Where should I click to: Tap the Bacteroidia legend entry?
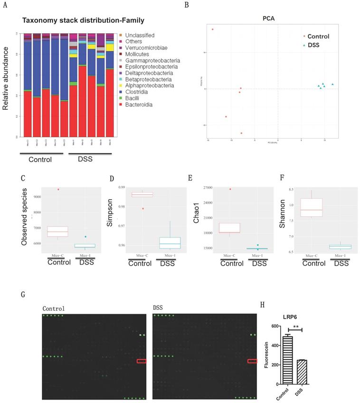coord(138,104)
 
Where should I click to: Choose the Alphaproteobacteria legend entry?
coord(146,86)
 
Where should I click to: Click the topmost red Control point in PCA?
coord(212,29)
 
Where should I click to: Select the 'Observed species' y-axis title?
coord(24,216)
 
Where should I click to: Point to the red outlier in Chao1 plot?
coord(231,189)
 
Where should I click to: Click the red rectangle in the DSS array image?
coord(252,361)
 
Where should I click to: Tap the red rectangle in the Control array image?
coord(142,361)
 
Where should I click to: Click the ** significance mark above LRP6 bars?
coord(296,327)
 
